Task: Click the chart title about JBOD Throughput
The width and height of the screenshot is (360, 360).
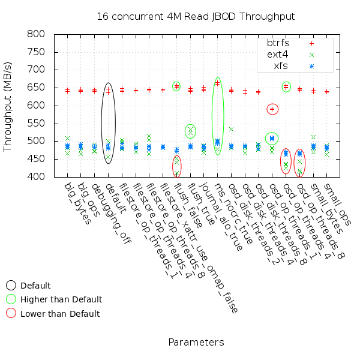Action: [196, 16]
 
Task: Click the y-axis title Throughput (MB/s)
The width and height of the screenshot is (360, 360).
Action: [8, 106]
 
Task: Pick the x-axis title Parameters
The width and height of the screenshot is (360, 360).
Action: [196, 342]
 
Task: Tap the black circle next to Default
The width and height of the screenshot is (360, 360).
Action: [11, 286]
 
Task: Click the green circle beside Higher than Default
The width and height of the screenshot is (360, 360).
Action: [11, 299]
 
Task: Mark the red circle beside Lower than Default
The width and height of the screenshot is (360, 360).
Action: [11, 313]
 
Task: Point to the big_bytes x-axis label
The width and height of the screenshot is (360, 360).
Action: [78, 203]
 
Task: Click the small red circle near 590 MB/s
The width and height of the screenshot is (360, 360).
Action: [272, 109]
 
